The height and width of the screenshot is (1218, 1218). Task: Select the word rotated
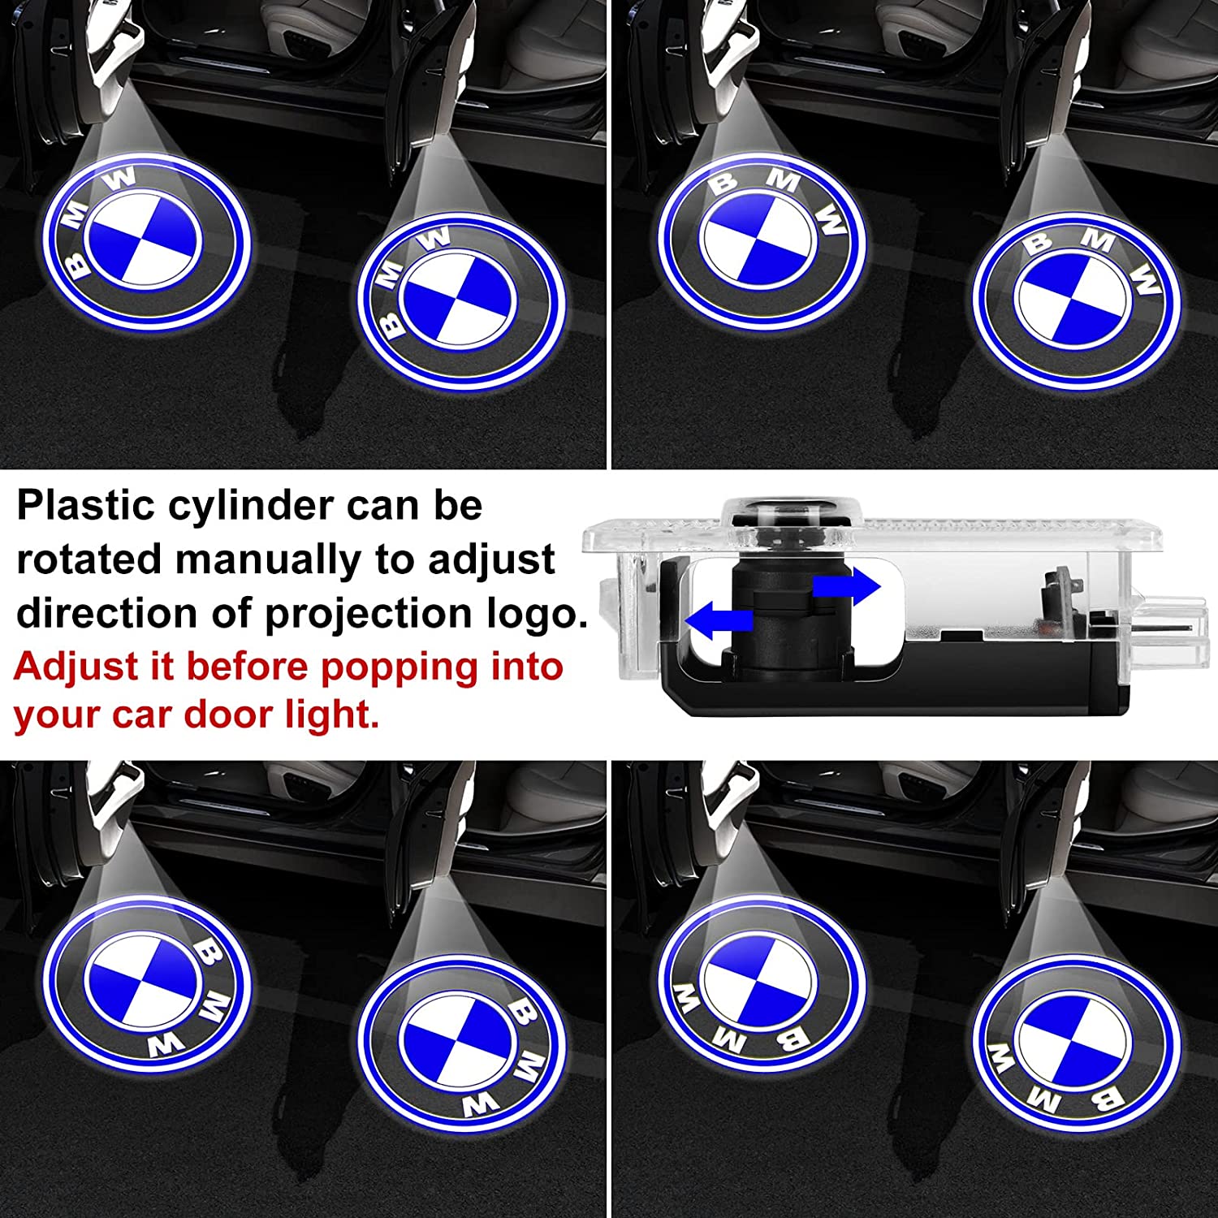[x=89, y=560]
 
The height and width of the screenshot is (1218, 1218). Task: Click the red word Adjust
[x=76, y=667]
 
